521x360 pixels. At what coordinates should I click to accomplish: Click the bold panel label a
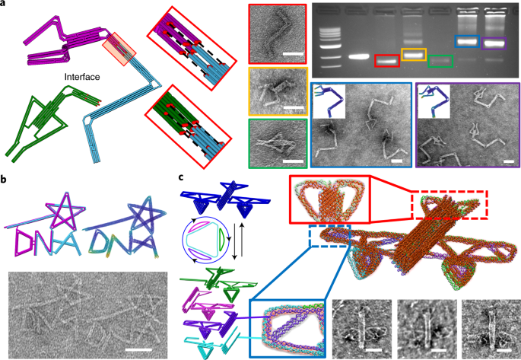point(5,5)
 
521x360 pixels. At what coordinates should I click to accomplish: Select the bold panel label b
point(5,180)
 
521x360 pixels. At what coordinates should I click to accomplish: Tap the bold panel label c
point(180,177)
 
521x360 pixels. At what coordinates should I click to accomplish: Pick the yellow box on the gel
point(414,55)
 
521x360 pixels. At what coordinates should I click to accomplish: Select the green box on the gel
point(440,60)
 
